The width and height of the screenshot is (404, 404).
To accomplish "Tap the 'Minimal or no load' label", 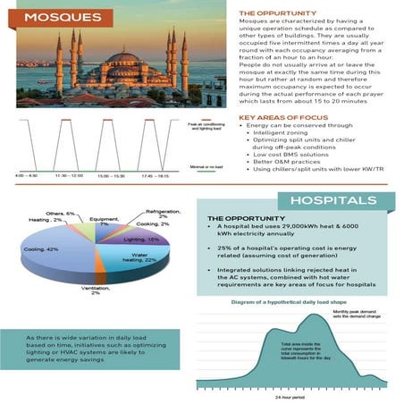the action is point(207,167).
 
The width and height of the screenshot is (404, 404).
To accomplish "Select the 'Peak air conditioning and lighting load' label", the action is point(206,129).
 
